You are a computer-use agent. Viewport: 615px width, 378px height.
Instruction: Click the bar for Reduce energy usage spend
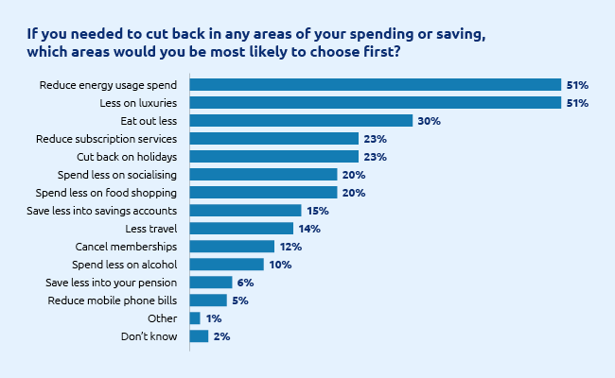(376, 84)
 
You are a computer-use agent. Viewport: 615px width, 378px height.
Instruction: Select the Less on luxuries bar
(376, 102)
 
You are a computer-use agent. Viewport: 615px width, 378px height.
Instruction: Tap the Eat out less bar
(301, 120)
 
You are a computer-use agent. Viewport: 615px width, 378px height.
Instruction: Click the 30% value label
(430, 120)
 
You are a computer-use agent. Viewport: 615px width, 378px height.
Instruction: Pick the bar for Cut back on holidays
(274, 156)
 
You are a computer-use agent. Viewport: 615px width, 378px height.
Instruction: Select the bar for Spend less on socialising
(264, 174)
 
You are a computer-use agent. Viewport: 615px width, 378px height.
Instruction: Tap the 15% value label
(317, 210)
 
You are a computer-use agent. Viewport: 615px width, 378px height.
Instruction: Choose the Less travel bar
(241, 228)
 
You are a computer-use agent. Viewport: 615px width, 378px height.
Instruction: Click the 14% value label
(309, 228)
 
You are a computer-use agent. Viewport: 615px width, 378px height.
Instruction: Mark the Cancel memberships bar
(232, 246)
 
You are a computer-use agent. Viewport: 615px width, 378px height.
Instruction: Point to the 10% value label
(279, 264)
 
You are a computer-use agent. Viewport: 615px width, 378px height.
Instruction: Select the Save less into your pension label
(112, 282)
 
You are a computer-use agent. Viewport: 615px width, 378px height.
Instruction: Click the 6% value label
(245, 282)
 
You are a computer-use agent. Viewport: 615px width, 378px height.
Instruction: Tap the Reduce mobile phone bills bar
(208, 300)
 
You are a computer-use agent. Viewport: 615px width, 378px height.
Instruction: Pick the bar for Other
(195, 318)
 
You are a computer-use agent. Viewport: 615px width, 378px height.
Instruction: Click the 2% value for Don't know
(221, 335)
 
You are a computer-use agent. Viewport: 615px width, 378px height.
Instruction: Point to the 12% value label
(290, 246)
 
